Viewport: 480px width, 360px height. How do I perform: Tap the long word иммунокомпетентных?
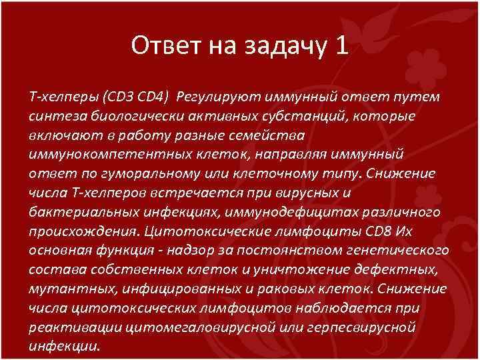coord(93,154)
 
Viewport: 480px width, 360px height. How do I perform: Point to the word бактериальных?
coord(76,212)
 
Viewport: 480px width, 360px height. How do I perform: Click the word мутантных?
coord(63,289)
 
